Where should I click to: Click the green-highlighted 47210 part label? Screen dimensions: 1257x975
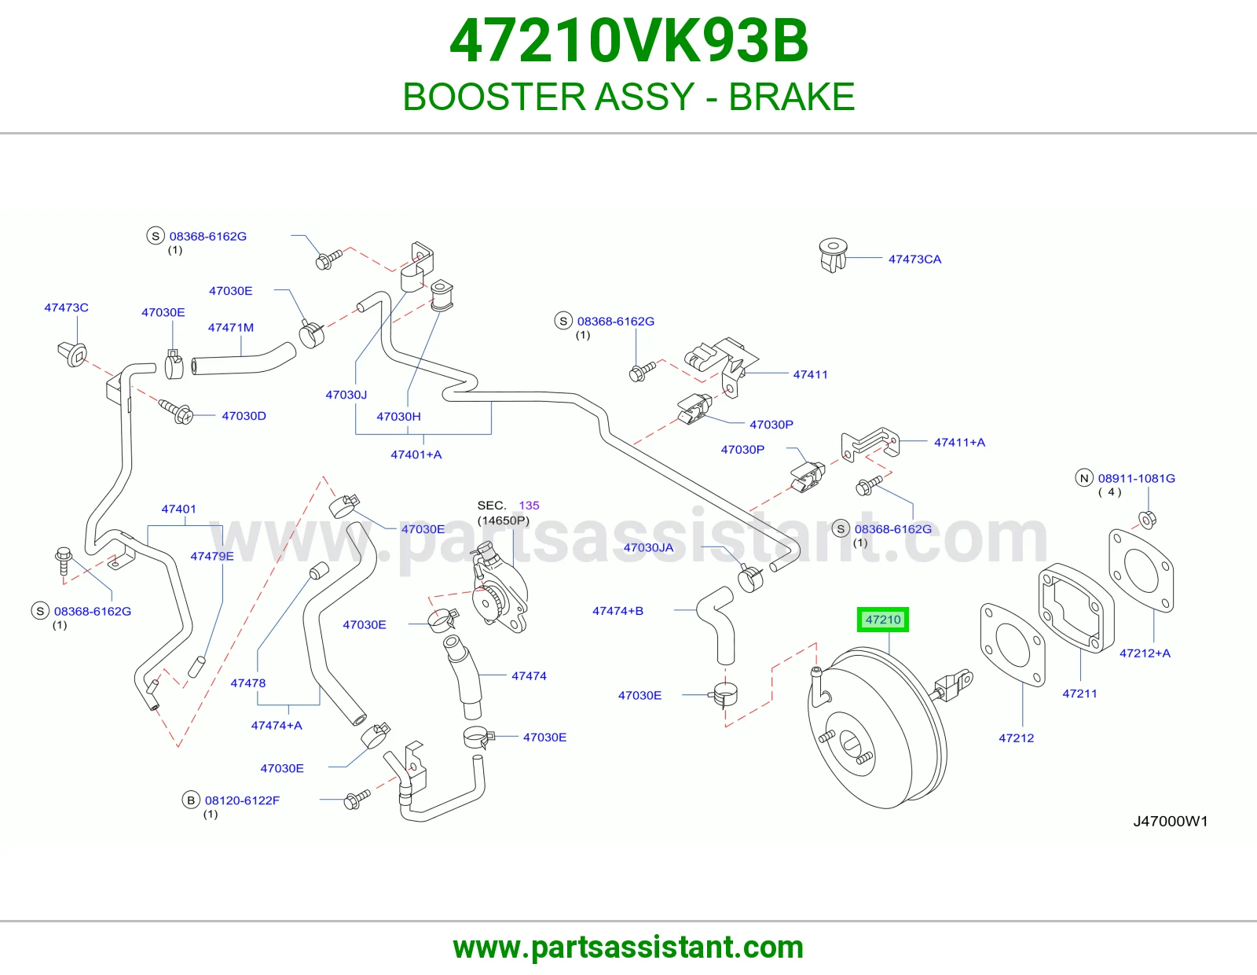pyautogui.click(x=882, y=620)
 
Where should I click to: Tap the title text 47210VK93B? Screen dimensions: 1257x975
pyautogui.click(x=628, y=41)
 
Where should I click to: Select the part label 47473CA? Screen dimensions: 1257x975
pyautogui.click(x=914, y=259)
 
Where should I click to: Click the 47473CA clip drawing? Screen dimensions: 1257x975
pyautogui.click(x=834, y=255)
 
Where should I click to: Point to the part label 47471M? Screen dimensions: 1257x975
pyautogui.click(x=231, y=328)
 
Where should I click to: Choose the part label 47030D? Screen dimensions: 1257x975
pyautogui.click(x=244, y=416)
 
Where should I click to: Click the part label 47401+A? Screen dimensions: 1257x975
pyautogui.click(x=416, y=454)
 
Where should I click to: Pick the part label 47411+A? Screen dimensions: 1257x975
pyautogui.click(x=959, y=443)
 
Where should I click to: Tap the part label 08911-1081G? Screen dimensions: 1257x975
pyautogui.click(x=1136, y=478)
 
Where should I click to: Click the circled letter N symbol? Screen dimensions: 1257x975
pyautogui.click(x=1084, y=478)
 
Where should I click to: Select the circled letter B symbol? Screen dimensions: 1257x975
pyautogui.click(x=191, y=800)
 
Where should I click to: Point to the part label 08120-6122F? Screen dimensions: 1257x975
pyautogui.click(x=243, y=800)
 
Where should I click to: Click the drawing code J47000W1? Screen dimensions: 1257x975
pyautogui.click(x=1171, y=821)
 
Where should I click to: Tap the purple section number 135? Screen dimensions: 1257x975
pyautogui.click(x=529, y=506)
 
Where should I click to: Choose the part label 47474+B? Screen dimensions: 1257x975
pyautogui.click(x=618, y=611)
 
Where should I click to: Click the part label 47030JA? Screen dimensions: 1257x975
pyautogui.click(x=648, y=548)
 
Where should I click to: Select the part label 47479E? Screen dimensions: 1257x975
pyautogui.click(x=212, y=556)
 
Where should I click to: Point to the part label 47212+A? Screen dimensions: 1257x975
pyautogui.click(x=1145, y=653)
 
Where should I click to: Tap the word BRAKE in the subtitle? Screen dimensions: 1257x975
pyautogui.click(x=791, y=97)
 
